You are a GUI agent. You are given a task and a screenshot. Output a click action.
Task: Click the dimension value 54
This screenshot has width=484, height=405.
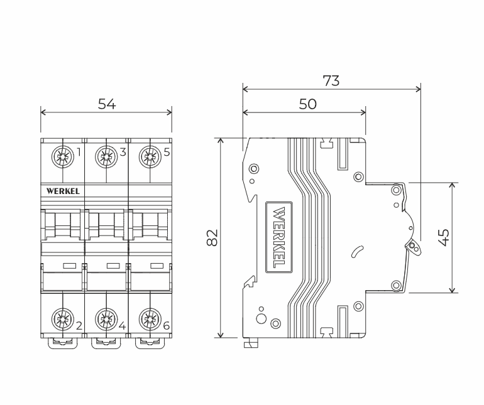coord(107,104)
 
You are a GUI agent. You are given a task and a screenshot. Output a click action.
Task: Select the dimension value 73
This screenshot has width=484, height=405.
coord(331,81)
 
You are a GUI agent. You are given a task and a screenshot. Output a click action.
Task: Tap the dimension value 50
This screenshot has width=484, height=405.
coord(308,104)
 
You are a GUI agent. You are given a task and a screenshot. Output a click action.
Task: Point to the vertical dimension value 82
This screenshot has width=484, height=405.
coord(212,237)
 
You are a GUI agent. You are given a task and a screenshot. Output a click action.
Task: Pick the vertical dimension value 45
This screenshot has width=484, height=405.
coord(444,237)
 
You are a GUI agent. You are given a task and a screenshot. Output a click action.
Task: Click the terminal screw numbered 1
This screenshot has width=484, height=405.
coord(63,157)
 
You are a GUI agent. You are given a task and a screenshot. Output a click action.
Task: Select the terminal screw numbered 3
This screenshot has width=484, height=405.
coord(106,157)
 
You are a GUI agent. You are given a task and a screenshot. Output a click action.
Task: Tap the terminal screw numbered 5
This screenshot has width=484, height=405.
coord(150,157)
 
